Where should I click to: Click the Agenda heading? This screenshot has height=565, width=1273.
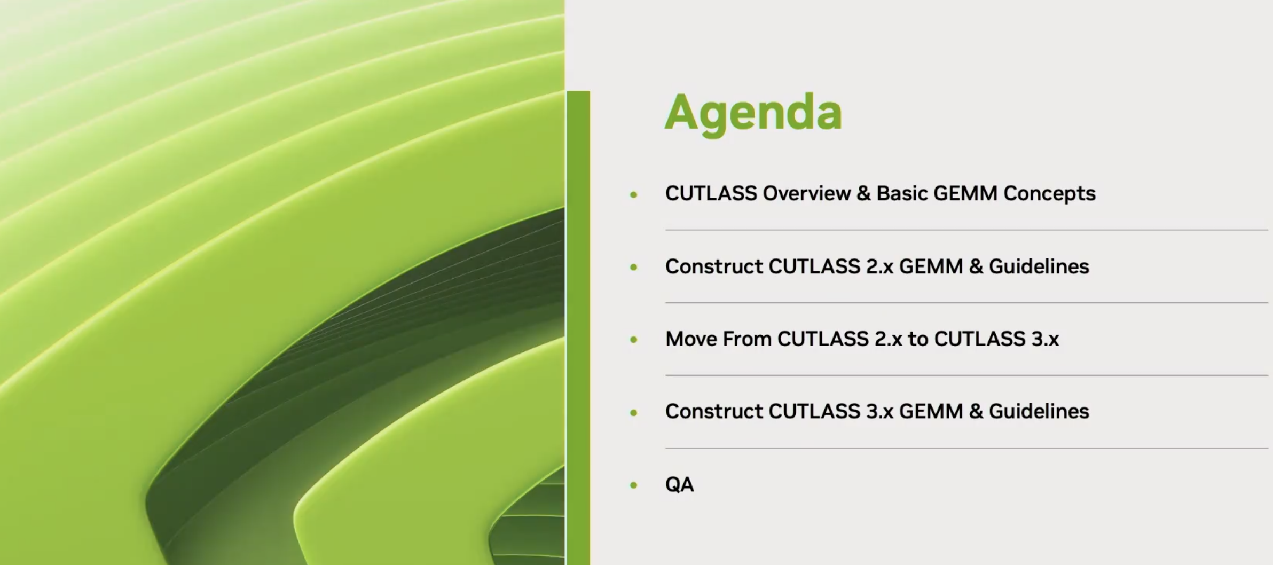pyautogui.click(x=753, y=113)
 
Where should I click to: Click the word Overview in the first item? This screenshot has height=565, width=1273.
pyautogui.click(x=807, y=193)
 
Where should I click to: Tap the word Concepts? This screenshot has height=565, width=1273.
pyautogui.click(x=1049, y=194)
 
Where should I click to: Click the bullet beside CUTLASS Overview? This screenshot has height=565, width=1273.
pyautogui.click(x=634, y=195)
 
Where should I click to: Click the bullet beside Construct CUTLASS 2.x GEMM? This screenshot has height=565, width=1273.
pyautogui.click(x=634, y=267)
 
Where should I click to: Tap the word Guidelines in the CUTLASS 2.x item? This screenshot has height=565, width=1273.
pyautogui.click(x=1039, y=266)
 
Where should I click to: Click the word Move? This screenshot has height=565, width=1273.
pyautogui.click(x=691, y=339)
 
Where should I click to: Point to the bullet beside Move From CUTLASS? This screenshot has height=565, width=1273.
pyautogui.click(x=634, y=340)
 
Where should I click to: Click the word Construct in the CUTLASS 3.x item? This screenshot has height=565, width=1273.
pyautogui.click(x=714, y=411)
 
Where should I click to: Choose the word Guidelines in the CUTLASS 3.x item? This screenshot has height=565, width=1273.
pyautogui.click(x=1039, y=411)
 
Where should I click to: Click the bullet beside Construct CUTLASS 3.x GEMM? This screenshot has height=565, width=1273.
pyautogui.click(x=634, y=412)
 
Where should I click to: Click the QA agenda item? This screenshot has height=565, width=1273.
pyautogui.click(x=679, y=484)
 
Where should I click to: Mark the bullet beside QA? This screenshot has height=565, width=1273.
pyautogui.click(x=634, y=485)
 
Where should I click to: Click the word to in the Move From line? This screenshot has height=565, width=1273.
pyautogui.click(x=918, y=339)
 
